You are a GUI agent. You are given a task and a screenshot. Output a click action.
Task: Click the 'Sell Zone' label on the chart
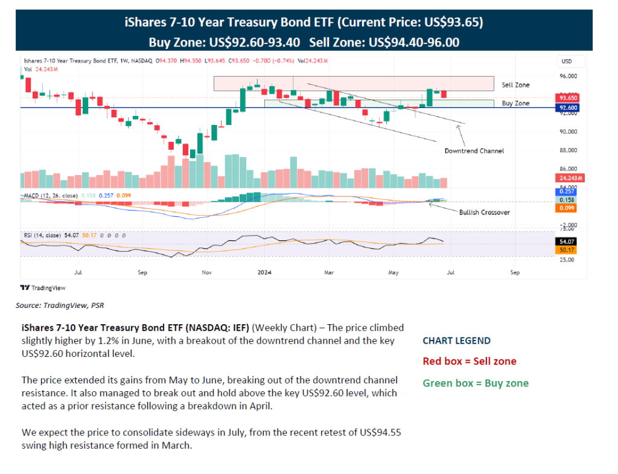coord(515,85)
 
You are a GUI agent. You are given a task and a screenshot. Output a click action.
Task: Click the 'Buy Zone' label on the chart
coord(515,103)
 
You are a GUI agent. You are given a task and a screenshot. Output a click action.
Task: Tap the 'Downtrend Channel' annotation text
coord(474,150)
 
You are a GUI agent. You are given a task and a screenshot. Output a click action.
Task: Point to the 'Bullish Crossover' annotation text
coord(484,213)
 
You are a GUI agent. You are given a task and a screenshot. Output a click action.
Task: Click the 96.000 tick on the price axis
coord(569,76)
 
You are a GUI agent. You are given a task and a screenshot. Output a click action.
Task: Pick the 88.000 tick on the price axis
coord(569,150)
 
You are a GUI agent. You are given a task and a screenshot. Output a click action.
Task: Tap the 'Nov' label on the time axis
coord(206,272)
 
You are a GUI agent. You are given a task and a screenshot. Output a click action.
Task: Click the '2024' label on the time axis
coord(265,272)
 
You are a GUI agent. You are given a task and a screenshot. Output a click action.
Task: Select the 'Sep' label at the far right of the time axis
coord(515,272)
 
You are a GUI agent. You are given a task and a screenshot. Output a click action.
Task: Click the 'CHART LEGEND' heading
coord(456,341)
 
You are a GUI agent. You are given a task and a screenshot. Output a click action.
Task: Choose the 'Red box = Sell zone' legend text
coord(469,361)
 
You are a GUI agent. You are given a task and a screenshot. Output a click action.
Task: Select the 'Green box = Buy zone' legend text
coord(475,383)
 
